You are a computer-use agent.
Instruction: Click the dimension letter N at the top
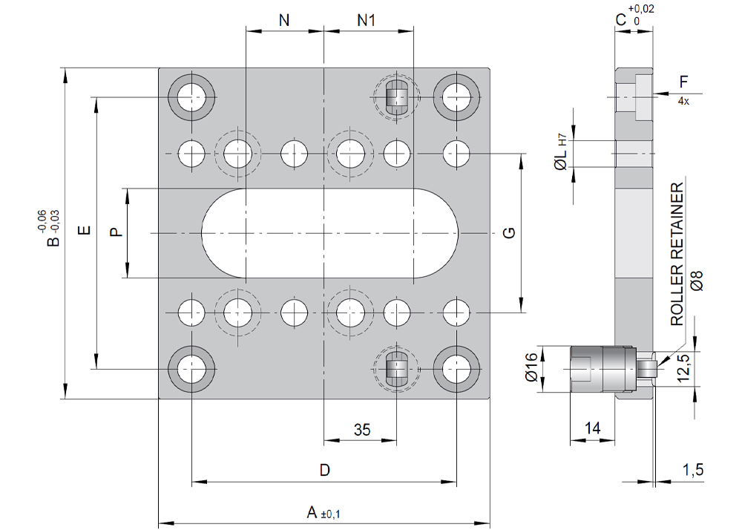[284, 20]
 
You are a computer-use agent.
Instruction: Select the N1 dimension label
[367, 20]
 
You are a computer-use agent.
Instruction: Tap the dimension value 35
[362, 430]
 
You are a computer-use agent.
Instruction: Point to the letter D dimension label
[324, 471]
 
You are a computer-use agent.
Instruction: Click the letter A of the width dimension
[313, 512]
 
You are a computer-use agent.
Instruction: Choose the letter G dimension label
[509, 233]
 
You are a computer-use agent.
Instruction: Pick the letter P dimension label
[115, 232]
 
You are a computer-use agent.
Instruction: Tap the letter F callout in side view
[684, 81]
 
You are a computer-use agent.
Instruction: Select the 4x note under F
[683, 101]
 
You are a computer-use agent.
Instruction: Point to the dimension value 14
[592, 428]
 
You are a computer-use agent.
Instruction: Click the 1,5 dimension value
[693, 469]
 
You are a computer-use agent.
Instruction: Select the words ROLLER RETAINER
[677, 256]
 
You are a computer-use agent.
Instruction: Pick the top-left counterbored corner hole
[191, 96]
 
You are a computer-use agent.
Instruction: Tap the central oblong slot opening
[330, 233]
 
